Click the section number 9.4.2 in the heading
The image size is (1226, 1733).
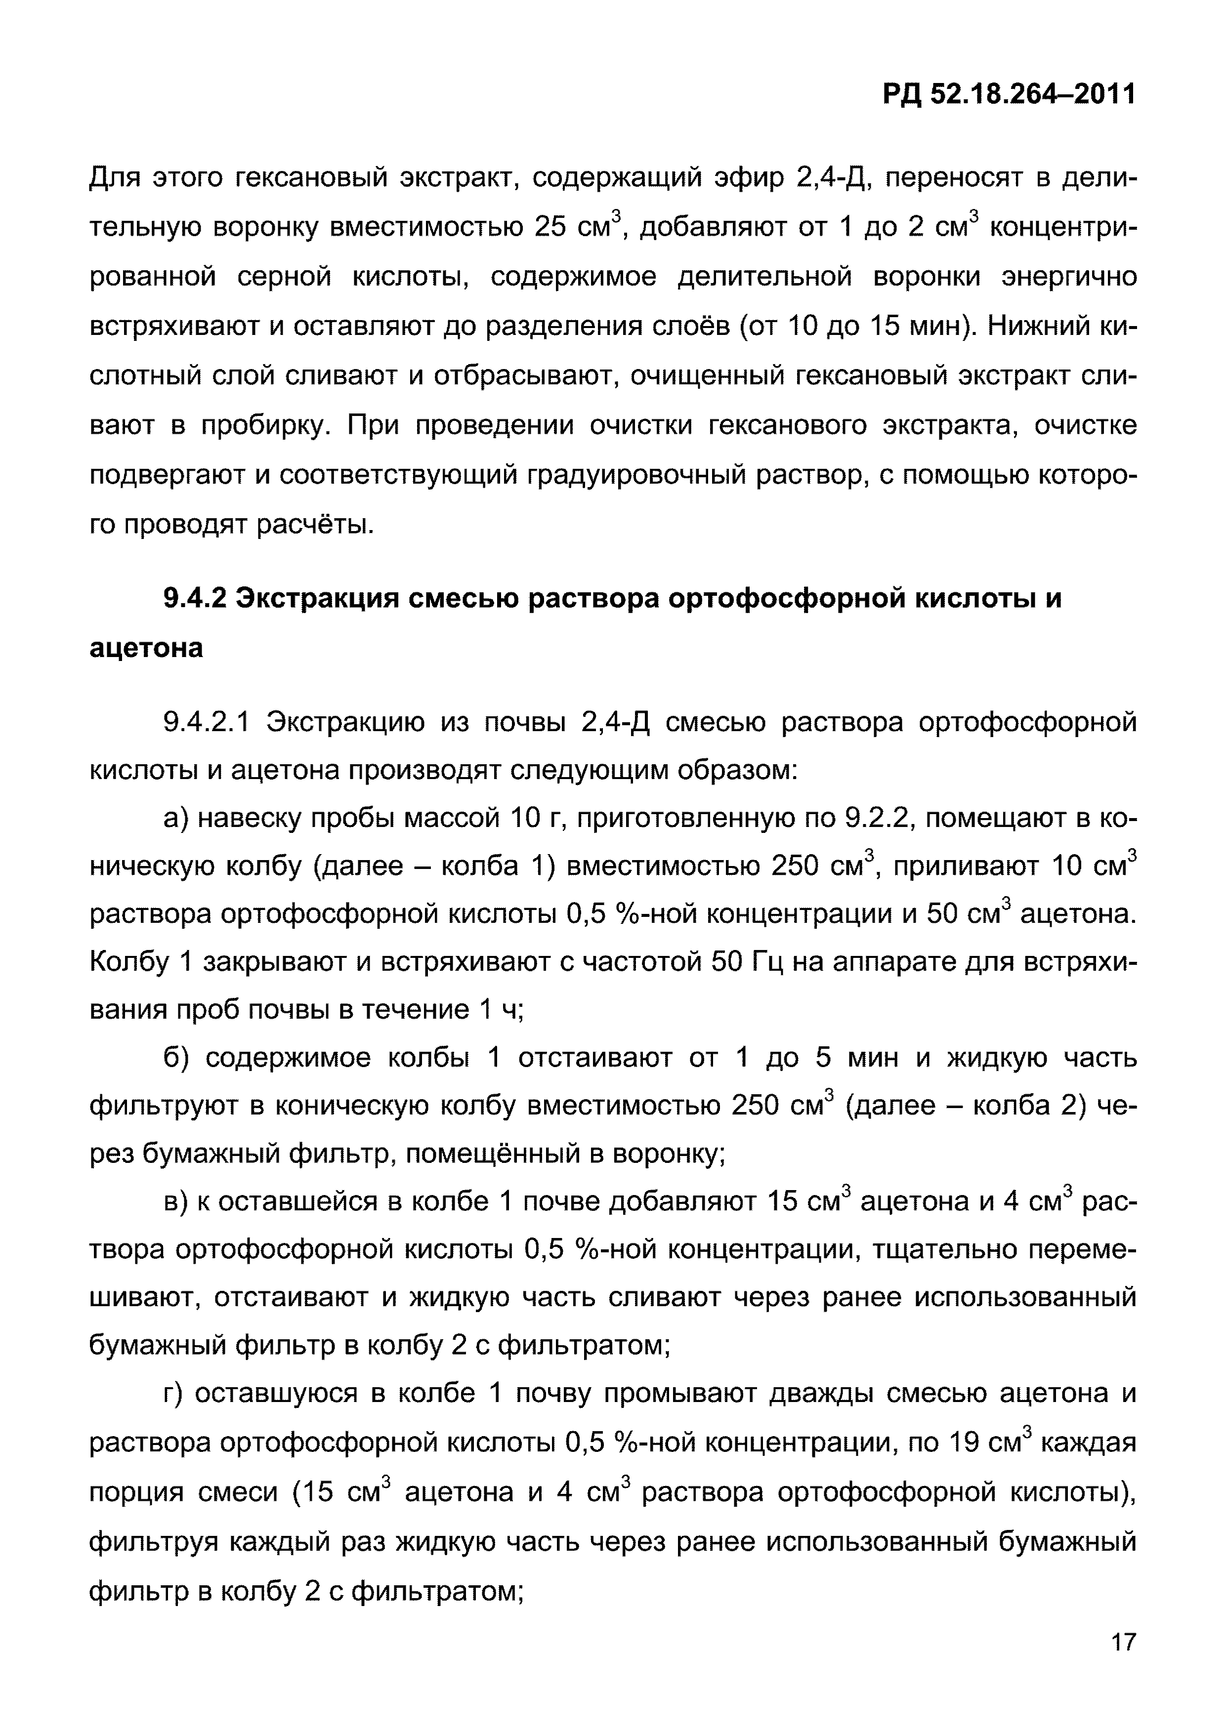[194, 599]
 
